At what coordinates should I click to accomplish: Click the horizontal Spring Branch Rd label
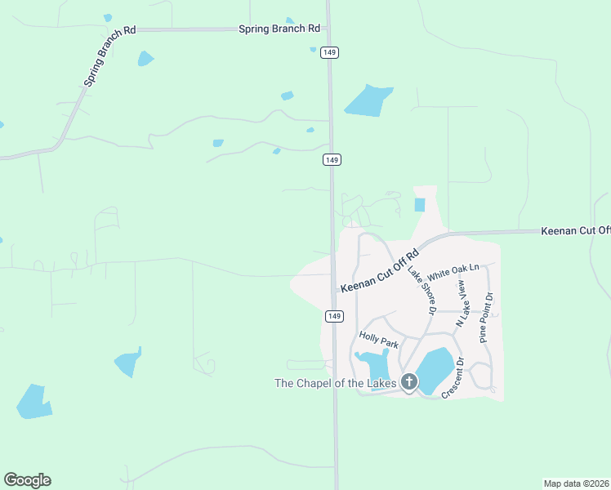(279, 29)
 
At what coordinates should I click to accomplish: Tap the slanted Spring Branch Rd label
(109, 56)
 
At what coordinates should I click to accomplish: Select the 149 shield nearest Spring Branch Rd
(329, 52)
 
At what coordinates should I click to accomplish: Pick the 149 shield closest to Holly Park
(333, 316)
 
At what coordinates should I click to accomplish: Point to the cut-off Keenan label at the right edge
(575, 231)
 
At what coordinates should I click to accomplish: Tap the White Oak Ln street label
(452, 270)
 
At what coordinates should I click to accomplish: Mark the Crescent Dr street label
(452, 378)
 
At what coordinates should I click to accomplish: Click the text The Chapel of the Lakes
(335, 383)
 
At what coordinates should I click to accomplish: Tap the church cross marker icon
(408, 381)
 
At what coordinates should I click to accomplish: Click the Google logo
(27, 480)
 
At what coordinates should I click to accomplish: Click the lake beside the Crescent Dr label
(434, 369)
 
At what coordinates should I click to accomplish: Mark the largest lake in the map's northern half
(368, 100)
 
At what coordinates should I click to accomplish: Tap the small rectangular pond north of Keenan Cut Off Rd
(420, 205)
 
